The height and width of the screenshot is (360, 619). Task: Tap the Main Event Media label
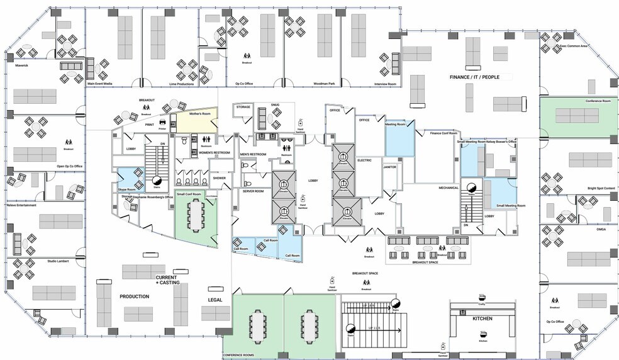click(99, 84)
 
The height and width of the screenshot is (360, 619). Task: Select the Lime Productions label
click(164, 84)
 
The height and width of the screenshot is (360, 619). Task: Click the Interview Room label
click(384, 84)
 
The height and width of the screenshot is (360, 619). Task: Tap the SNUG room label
click(275, 105)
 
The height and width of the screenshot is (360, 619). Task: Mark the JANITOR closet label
click(389, 167)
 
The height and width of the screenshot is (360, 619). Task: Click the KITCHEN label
click(482, 319)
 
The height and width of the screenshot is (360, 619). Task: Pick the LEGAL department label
click(216, 300)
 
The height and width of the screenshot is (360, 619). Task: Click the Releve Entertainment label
click(21, 205)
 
